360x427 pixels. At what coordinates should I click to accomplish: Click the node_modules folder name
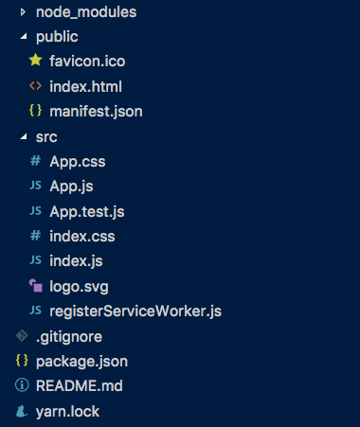[x=85, y=12]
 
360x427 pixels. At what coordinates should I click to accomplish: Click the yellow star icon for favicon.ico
[x=35, y=62]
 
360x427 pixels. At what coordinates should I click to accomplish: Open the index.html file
[x=85, y=86]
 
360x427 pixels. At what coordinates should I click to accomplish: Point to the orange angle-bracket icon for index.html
[x=35, y=86]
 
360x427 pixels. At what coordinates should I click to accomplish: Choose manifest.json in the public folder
[x=96, y=111]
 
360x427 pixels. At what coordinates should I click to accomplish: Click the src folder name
[x=46, y=136]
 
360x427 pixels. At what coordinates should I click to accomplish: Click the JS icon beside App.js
[x=35, y=187]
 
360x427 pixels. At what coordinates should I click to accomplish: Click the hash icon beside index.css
[x=35, y=236]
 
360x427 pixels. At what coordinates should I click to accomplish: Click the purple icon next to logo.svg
[x=35, y=285]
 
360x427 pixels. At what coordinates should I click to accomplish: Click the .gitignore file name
[x=70, y=336]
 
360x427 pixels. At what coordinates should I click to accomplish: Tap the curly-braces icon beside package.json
[x=21, y=361]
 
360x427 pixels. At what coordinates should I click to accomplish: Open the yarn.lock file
[x=67, y=411]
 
